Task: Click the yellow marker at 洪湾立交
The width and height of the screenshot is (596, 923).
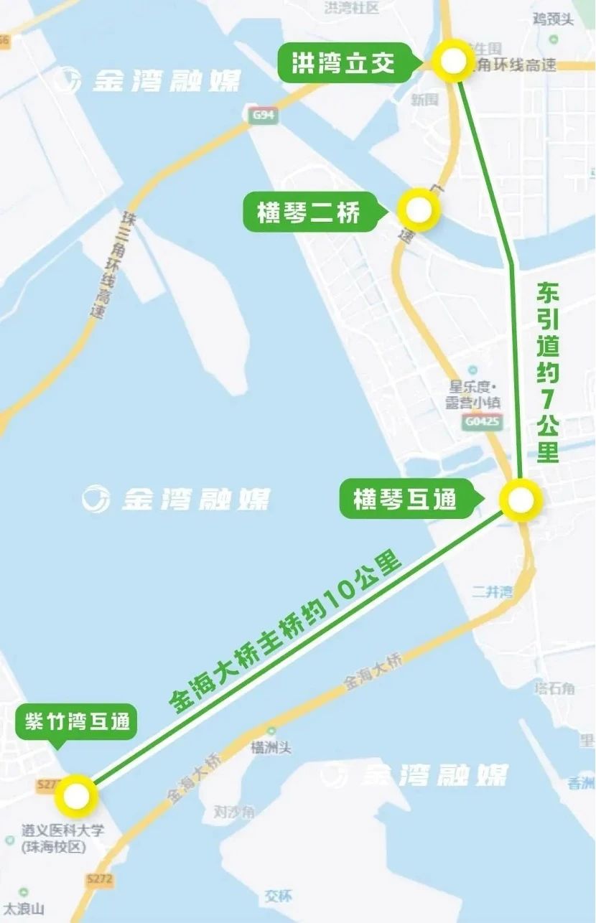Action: [x=453, y=62]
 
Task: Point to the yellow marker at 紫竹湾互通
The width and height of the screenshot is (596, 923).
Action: [x=75, y=796]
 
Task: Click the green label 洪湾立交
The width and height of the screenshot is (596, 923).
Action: [x=343, y=63]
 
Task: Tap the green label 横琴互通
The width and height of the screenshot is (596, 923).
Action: [x=405, y=499]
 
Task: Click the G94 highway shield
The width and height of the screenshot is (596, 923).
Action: [x=264, y=115]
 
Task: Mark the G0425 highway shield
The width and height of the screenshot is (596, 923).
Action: [x=482, y=422]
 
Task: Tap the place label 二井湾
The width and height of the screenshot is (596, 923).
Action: [x=492, y=591]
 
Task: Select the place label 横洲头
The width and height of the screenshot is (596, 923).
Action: [x=271, y=748]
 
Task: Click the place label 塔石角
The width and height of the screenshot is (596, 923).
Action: [x=554, y=688]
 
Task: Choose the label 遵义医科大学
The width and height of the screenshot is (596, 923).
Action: [x=62, y=830]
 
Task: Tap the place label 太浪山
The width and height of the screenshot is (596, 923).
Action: [x=24, y=908]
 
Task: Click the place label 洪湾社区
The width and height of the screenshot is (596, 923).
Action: [x=352, y=8]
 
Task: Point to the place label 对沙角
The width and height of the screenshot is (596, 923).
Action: [x=234, y=812]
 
